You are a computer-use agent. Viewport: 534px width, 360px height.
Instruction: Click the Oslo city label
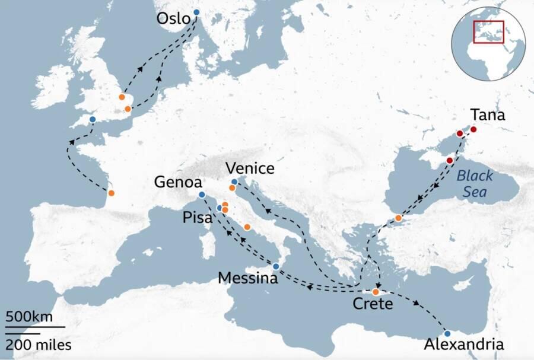[x=173, y=19]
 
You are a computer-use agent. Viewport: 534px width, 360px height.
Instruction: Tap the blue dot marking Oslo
[x=196, y=12]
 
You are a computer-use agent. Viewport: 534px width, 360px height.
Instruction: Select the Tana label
[x=487, y=115]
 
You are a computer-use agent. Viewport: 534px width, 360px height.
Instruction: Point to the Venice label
[x=249, y=168]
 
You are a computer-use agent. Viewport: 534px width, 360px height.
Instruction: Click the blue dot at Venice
[x=234, y=182]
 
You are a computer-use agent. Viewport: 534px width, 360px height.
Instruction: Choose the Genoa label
[x=178, y=182]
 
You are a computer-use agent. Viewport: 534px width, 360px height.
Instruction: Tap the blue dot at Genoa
[x=202, y=195]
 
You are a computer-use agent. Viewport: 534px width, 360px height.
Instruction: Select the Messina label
[x=247, y=278]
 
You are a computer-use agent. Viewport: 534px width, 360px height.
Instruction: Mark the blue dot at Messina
[x=276, y=266]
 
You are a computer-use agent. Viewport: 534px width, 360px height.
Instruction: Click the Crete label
[x=373, y=305]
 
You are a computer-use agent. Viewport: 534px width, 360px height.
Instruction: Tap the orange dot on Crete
[x=376, y=292]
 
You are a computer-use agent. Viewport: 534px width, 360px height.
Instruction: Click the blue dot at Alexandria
[x=447, y=333]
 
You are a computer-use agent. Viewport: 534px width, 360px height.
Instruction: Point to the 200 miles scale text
[x=39, y=345]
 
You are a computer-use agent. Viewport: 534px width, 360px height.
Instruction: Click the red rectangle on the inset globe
[x=488, y=31]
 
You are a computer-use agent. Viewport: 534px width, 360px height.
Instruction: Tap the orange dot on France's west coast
[x=111, y=193]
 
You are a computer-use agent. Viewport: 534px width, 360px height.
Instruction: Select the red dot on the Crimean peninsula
[x=449, y=161]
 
